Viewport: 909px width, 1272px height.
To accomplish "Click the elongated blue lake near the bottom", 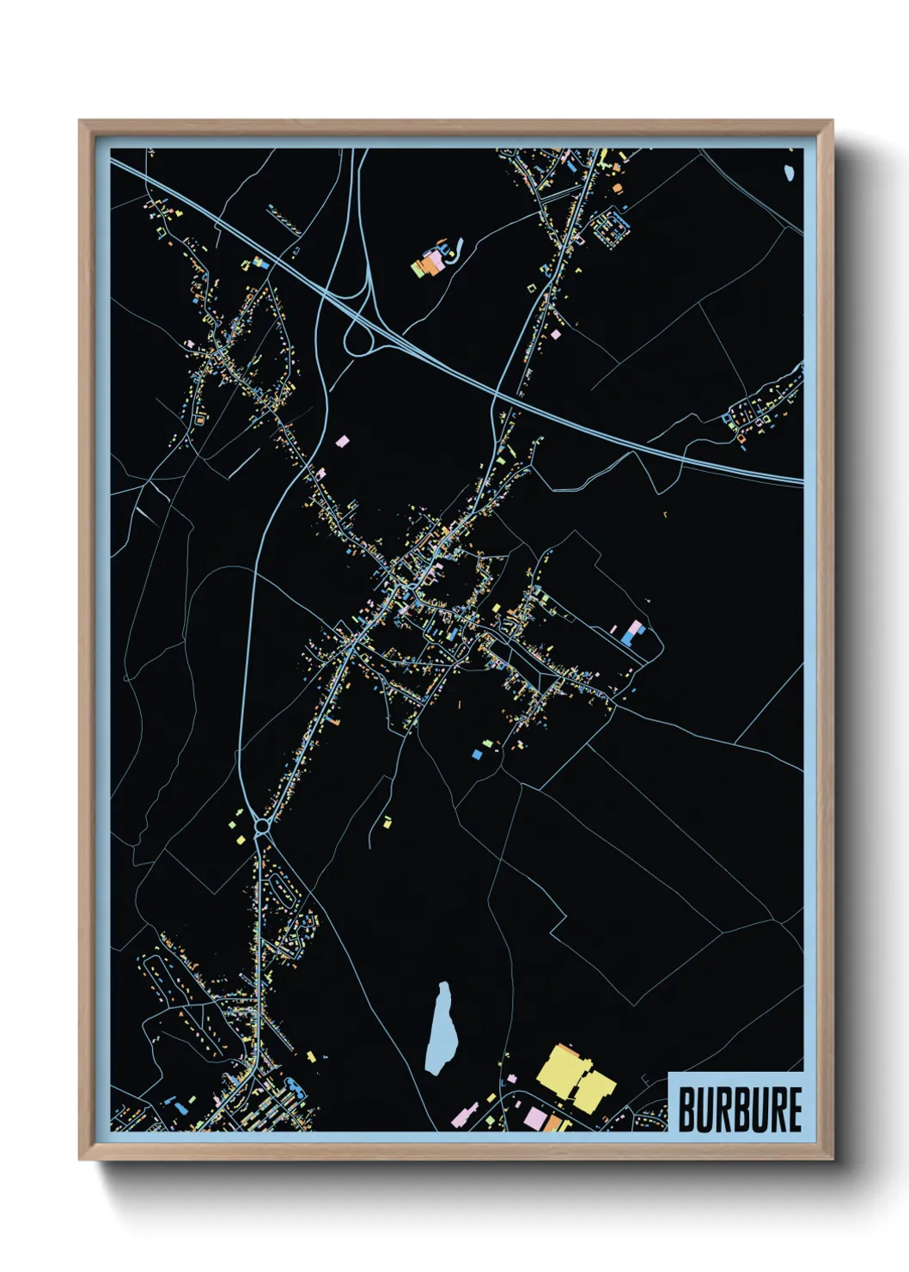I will coord(442,1029).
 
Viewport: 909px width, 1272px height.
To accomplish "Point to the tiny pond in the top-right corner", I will coord(789,174).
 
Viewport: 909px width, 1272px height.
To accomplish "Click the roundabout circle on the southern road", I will coord(261,828).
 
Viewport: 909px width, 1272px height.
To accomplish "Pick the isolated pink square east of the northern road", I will coord(556,333).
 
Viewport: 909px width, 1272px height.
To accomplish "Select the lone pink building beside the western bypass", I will coord(342,441).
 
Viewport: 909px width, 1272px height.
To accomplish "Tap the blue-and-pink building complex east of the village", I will coord(633,633).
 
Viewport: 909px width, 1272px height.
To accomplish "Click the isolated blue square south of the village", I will coord(477,754).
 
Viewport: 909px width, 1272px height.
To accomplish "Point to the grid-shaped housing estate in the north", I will coord(608,227).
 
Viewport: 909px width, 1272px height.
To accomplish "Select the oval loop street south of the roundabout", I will coord(281,890).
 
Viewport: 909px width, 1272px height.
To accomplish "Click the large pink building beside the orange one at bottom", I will coord(535,1118).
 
